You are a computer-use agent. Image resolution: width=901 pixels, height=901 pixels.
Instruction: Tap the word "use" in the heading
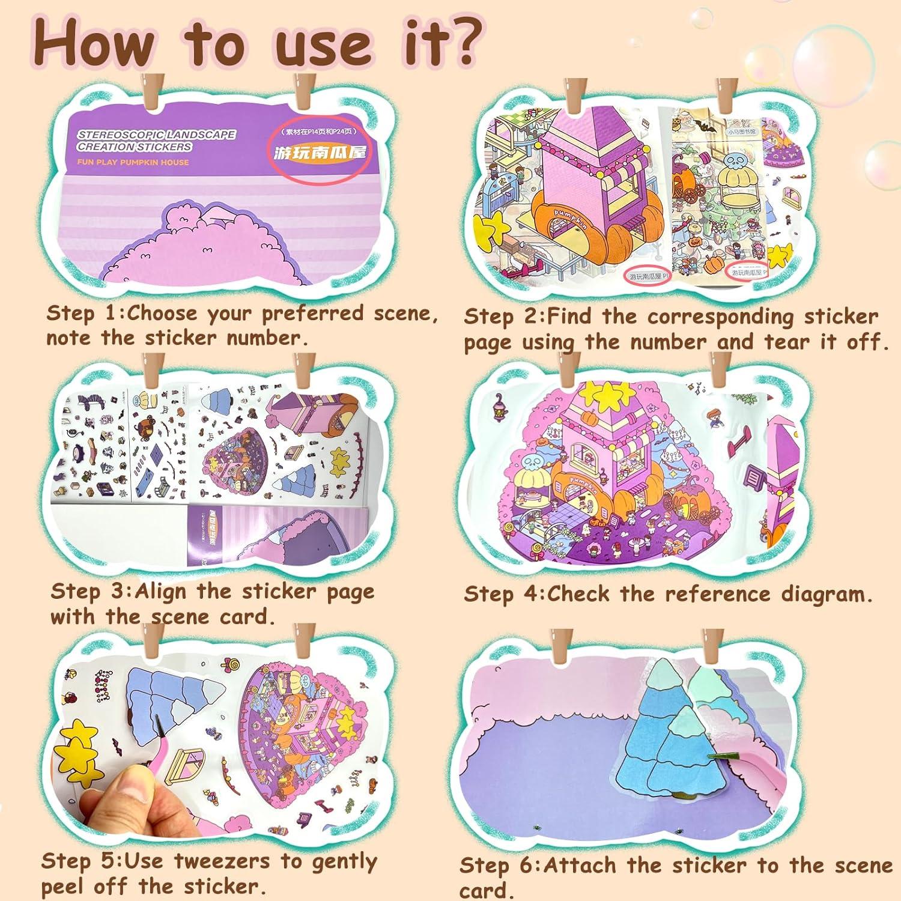[324, 47]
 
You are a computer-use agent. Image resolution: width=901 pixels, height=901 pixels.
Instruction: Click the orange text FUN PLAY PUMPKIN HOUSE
[133, 162]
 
